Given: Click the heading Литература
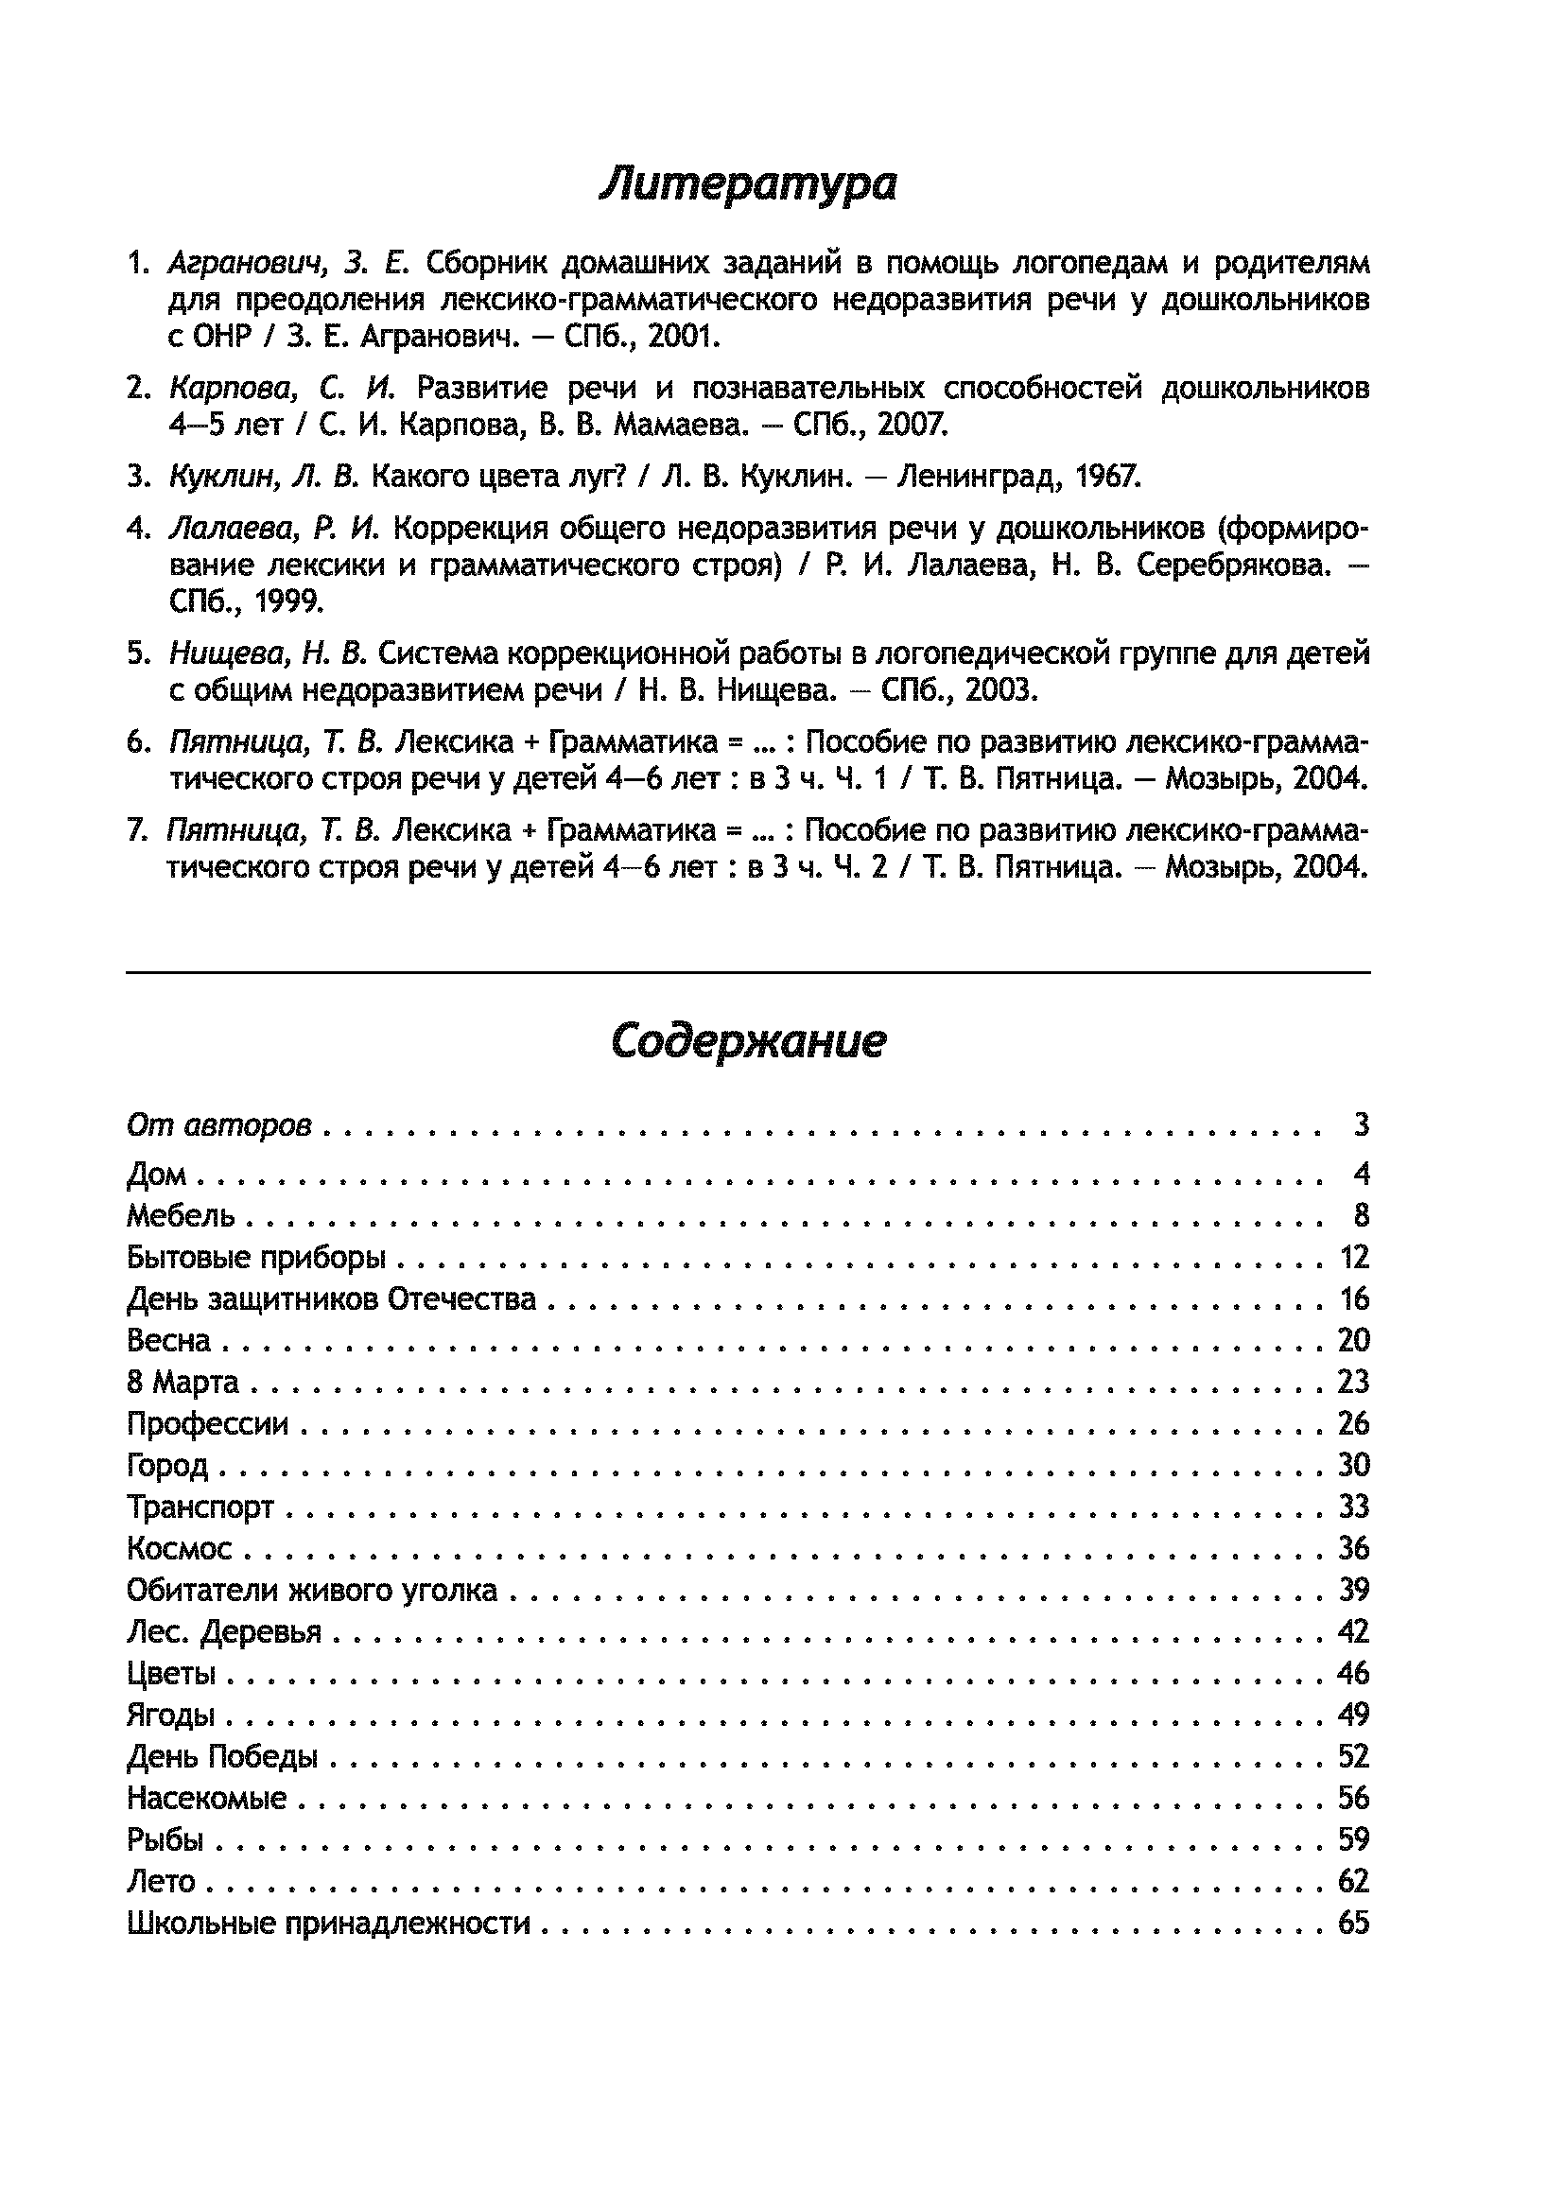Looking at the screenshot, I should pyautogui.click(x=747, y=183).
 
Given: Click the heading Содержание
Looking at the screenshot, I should pyautogui.click(x=747, y=1040).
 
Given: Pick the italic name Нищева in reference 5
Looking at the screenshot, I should pyautogui.click(x=227, y=654).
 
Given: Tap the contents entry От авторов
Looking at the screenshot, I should pyautogui.click(x=219, y=1124).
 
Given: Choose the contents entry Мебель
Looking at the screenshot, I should pyautogui.click(x=181, y=1216).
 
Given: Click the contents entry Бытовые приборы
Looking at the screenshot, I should pyautogui.click(x=256, y=1257).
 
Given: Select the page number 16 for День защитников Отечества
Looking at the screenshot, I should pyautogui.click(x=1353, y=1298).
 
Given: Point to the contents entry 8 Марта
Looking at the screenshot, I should pyautogui.click(x=183, y=1382).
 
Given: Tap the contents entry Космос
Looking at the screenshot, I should pyautogui.click(x=180, y=1548).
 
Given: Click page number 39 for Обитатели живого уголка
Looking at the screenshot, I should pyautogui.click(x=1353, y=1590).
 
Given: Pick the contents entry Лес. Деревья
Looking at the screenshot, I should pyautogui.click(x=224, y=1631).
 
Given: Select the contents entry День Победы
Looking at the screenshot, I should pyautogui.click(x=222, y=1756).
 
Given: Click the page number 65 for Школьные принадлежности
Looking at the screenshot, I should pyautogui.click(x=1353, y=1923).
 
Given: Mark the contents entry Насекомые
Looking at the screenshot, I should pyautogui.click(x=207, y=1798).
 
